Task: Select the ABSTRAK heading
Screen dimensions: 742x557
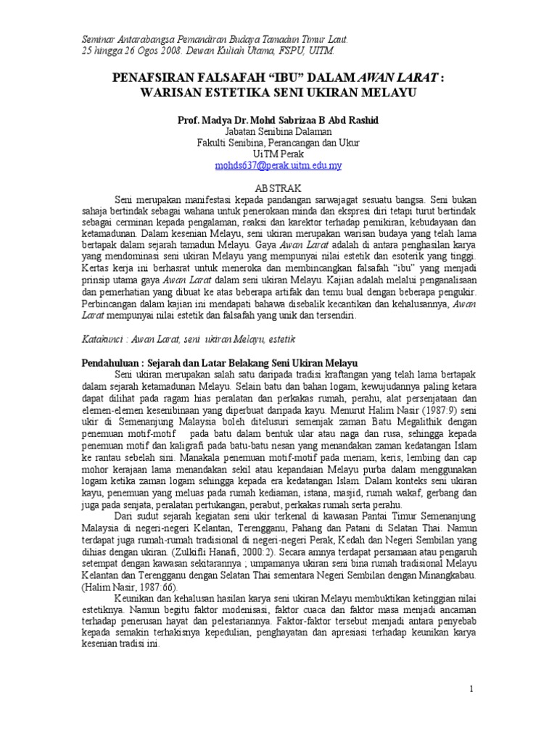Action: (278, 188)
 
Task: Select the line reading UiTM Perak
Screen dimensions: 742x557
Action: (278, 154)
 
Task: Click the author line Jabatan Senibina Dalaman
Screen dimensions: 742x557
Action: (278, 131)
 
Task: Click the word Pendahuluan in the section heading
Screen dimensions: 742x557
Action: (111, 361)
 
